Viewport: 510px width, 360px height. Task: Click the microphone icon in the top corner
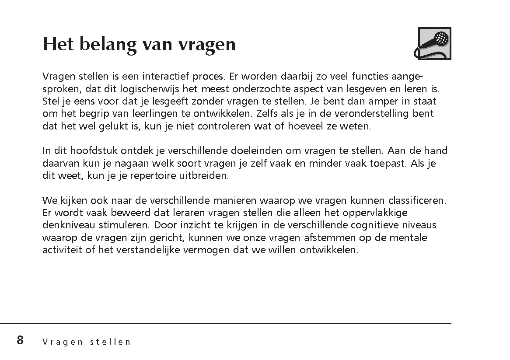tap(434, 43)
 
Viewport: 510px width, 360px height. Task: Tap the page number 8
tap(20, 340)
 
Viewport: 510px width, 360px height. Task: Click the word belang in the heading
tap(107, 44)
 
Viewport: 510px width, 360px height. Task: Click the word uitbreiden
tap(207, 176)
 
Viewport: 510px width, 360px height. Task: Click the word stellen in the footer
tap(110, 342)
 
